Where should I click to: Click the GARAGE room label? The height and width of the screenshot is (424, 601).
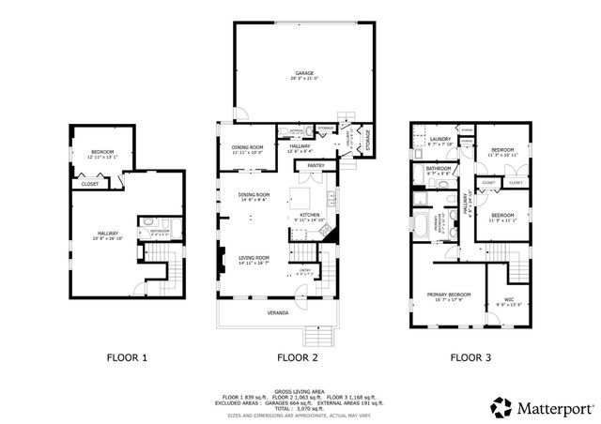pyautogui.click(x=303, y=72)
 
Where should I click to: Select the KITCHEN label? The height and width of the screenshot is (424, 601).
pyautogui.click(x=311, y=214)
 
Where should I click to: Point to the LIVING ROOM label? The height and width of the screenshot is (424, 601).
pyautogui.click(x=254, y=257)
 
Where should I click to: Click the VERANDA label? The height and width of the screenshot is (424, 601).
pyautogui.click(x=277, y=310)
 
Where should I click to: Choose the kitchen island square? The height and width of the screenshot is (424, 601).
pyautogui.click(x=300, y=198)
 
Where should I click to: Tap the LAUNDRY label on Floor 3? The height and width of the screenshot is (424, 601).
pyautogui.click(x=439, y=140)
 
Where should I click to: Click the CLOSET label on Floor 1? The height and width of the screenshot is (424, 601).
pyautogui.click(x=90, y=184)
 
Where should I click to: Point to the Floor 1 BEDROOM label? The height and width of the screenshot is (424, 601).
pyautogui.click(x=102, y=152)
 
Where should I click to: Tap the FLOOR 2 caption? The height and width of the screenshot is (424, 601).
pyautogui.click(x=298, y=357)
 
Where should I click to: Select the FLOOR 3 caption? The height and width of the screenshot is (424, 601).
pyautogui.click(x=469, y=357)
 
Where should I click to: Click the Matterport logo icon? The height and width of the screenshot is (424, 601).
pyautogui.click(x=500, y=407)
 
